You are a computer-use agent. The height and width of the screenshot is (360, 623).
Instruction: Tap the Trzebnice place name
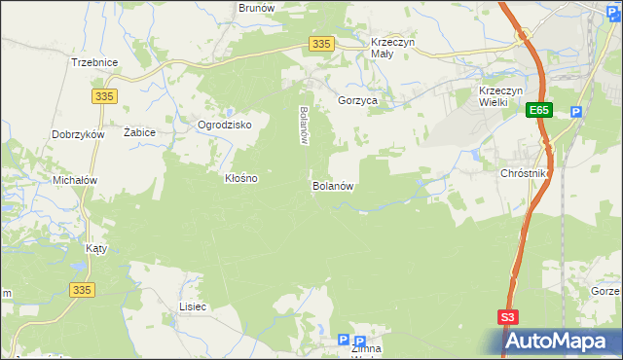coord(94,62)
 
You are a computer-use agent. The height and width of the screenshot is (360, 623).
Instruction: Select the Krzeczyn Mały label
coord(394,49)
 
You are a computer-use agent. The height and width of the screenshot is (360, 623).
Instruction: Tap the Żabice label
coord(140,131)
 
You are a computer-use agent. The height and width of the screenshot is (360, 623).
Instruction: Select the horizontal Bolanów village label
coord(332,185)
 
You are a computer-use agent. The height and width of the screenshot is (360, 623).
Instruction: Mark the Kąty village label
coord(95,248)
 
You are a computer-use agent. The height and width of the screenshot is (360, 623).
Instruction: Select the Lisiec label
coord(193,306)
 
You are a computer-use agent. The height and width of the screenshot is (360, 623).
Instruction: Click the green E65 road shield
coord(540,112)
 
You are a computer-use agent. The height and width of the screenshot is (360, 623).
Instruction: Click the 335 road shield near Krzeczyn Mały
coord(322,44)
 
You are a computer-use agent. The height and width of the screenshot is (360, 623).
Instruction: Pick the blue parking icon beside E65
coord(576,112)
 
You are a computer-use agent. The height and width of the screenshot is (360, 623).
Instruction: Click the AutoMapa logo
coord(560,342)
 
